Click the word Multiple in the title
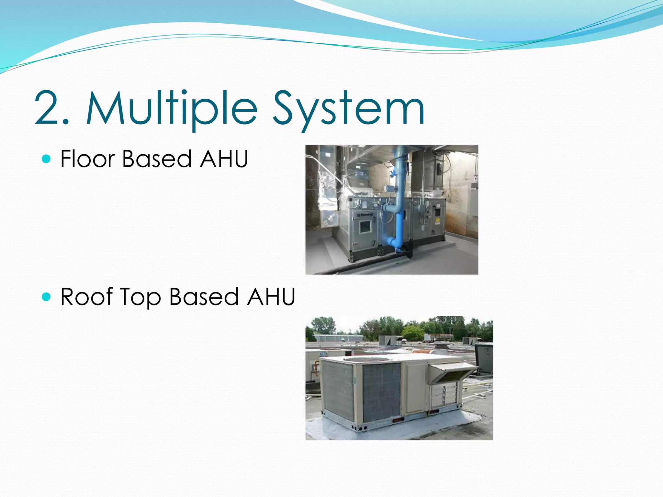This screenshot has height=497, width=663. [172, 108]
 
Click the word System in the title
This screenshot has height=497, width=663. [348, 108]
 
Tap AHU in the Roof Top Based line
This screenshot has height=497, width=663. [271, 296]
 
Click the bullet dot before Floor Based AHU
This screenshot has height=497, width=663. [47, 159]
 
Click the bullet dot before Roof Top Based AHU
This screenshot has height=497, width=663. [47, 296]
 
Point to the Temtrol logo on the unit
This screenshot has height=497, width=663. [365, 215]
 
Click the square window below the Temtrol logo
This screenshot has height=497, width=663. [365, 226]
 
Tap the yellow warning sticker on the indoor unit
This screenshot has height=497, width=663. [437, 221]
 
